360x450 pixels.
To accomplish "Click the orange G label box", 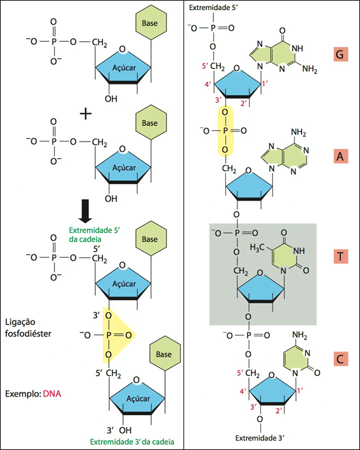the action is [x=340, y=54].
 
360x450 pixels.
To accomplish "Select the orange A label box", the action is [x=340, y=156].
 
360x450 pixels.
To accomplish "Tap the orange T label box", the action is [x=340, y=256].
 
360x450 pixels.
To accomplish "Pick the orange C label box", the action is [x=340, y=359].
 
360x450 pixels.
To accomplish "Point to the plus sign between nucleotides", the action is [x=86, y=114].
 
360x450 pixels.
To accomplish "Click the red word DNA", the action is [x=52, y=394].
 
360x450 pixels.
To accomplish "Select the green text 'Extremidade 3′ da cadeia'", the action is [x=132, y=441].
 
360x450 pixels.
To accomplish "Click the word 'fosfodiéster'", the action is [x=28, y=334].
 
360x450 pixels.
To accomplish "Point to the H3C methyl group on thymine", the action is [x=257, y=248].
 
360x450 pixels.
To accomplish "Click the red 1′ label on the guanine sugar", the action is [x=265, y=84].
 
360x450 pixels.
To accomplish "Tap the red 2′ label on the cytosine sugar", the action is [x=279, y=411].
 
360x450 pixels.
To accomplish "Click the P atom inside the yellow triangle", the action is [x=109, y=335].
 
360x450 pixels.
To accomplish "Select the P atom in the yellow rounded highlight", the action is [x=225, y=131].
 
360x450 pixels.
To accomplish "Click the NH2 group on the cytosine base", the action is [x=300, y=335].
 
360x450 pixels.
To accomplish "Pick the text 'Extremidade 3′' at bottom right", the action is [x=260, y=438].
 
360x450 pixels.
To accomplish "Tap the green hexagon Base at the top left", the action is [x=150, y=23].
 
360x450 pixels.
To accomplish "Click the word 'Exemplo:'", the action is [x=23, y=394].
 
